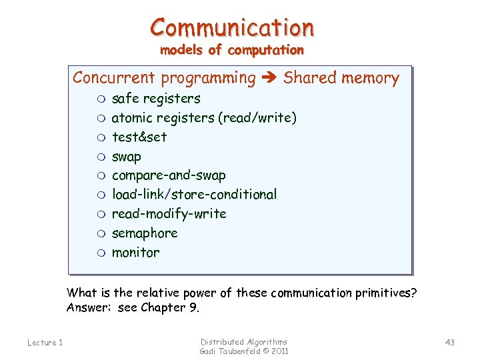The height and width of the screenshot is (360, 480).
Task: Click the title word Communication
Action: [232, 27]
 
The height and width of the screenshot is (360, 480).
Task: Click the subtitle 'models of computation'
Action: [231, 50]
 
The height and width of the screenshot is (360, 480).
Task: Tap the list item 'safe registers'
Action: [156, 99]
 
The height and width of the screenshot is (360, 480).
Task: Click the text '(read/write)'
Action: [257, 118]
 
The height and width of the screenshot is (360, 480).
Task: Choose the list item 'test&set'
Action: [139, 137]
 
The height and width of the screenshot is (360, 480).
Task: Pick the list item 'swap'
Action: [127, 157]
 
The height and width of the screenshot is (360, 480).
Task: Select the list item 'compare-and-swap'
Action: [169, 175]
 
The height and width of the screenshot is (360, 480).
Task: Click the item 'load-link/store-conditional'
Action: [194, 195]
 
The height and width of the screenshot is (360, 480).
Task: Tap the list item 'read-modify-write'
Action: [169, 214]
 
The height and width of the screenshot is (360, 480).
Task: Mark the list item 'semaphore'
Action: [145, 233]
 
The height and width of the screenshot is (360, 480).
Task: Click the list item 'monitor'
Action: [136, 253]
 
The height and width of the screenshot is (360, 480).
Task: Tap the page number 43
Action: [450, 343]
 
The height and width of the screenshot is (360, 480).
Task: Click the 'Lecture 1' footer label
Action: [45, 343]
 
